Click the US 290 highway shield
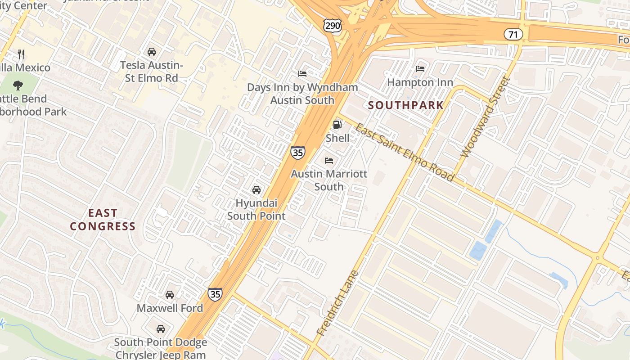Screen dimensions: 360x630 pyautogui.click(x=333, y=26)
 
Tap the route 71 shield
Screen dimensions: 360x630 pyautogui.click(x=513, y=34)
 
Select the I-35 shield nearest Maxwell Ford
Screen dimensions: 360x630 pyautogui.click(x=215, y=294)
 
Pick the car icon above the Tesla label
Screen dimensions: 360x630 pyautogui.click(x=152, y=52)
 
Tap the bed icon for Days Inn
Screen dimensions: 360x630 pyautogui.click(x=302, y=73)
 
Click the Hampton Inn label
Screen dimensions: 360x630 pyautogui.click(x=420, y=82)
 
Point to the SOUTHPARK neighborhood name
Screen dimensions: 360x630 pyautogui.click(x=406, y=105)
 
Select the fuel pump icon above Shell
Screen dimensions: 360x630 pyautogui.click(x=337, y=125)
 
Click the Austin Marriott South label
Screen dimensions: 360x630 pyautogui.click(x=329, y=180)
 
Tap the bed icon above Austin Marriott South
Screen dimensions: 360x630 pyautogui.click(x=329, y=160)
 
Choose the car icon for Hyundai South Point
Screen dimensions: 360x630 pyautogui.click(x=256, y=190)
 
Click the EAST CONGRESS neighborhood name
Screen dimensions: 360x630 pyautogui.click(x=103, y=220)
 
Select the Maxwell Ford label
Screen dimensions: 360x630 pyautogui.click(x=170, y=308)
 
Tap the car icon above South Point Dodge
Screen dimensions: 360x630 pyautogui.click(x=160, y=328)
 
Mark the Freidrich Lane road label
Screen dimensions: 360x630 pyautogui.click(x=337, y=303)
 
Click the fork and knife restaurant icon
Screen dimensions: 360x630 pyautogui.click(x=21, y=54)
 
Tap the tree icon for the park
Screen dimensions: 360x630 pyautogui.click(x=18, y=85)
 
